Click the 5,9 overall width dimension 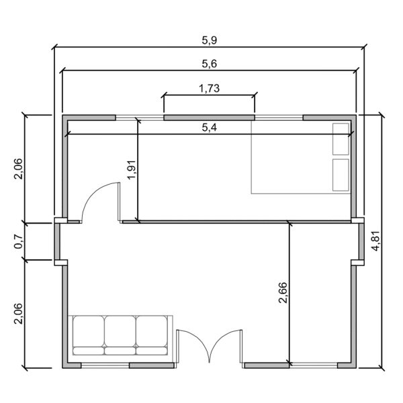tap(210, 40)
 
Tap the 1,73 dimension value tap(210, 88)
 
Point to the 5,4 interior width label tap(209, 128)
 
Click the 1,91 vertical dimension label tap(131, 169)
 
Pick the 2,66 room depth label tap(282, 294)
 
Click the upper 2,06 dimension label tap(19, 168)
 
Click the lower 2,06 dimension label tap(19, 314)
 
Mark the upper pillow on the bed tap(341, 139)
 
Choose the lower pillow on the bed tap(341, 174)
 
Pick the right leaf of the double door tap(227, 346)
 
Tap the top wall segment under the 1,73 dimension tap(209, 118)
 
